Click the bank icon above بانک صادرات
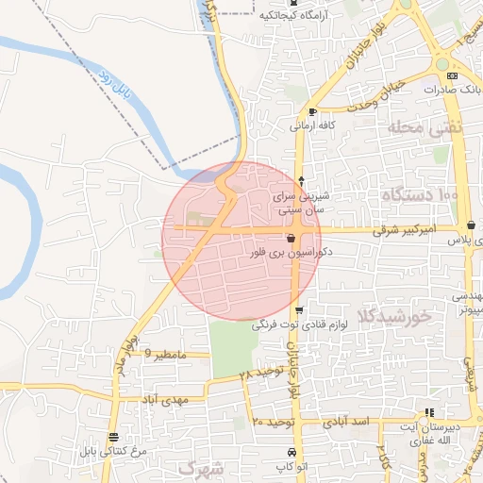click(x=452, y=75)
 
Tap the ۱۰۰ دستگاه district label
click(x=420, y=194)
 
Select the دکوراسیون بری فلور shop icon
click(x=290, y=239)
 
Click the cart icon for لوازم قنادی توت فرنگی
click(x=299, y=310)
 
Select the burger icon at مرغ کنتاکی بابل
click(x=114, y=437)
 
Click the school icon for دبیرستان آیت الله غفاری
click(x=430, y=412)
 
